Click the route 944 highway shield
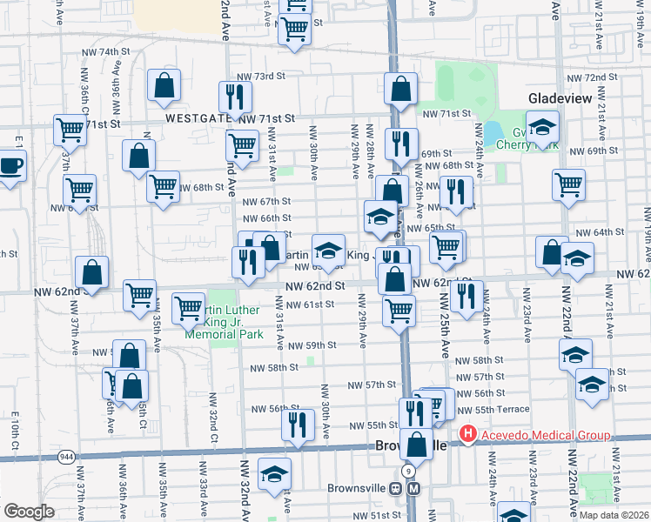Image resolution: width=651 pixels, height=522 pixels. pos(66,456)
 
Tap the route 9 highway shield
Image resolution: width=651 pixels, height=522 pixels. pos(406,470)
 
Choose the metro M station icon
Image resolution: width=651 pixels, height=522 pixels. pos(417,488)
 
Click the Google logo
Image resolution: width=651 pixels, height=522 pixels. pos(29,511)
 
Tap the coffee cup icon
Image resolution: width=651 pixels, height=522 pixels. pos(11,165)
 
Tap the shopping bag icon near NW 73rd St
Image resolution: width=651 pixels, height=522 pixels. pos(164,85)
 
